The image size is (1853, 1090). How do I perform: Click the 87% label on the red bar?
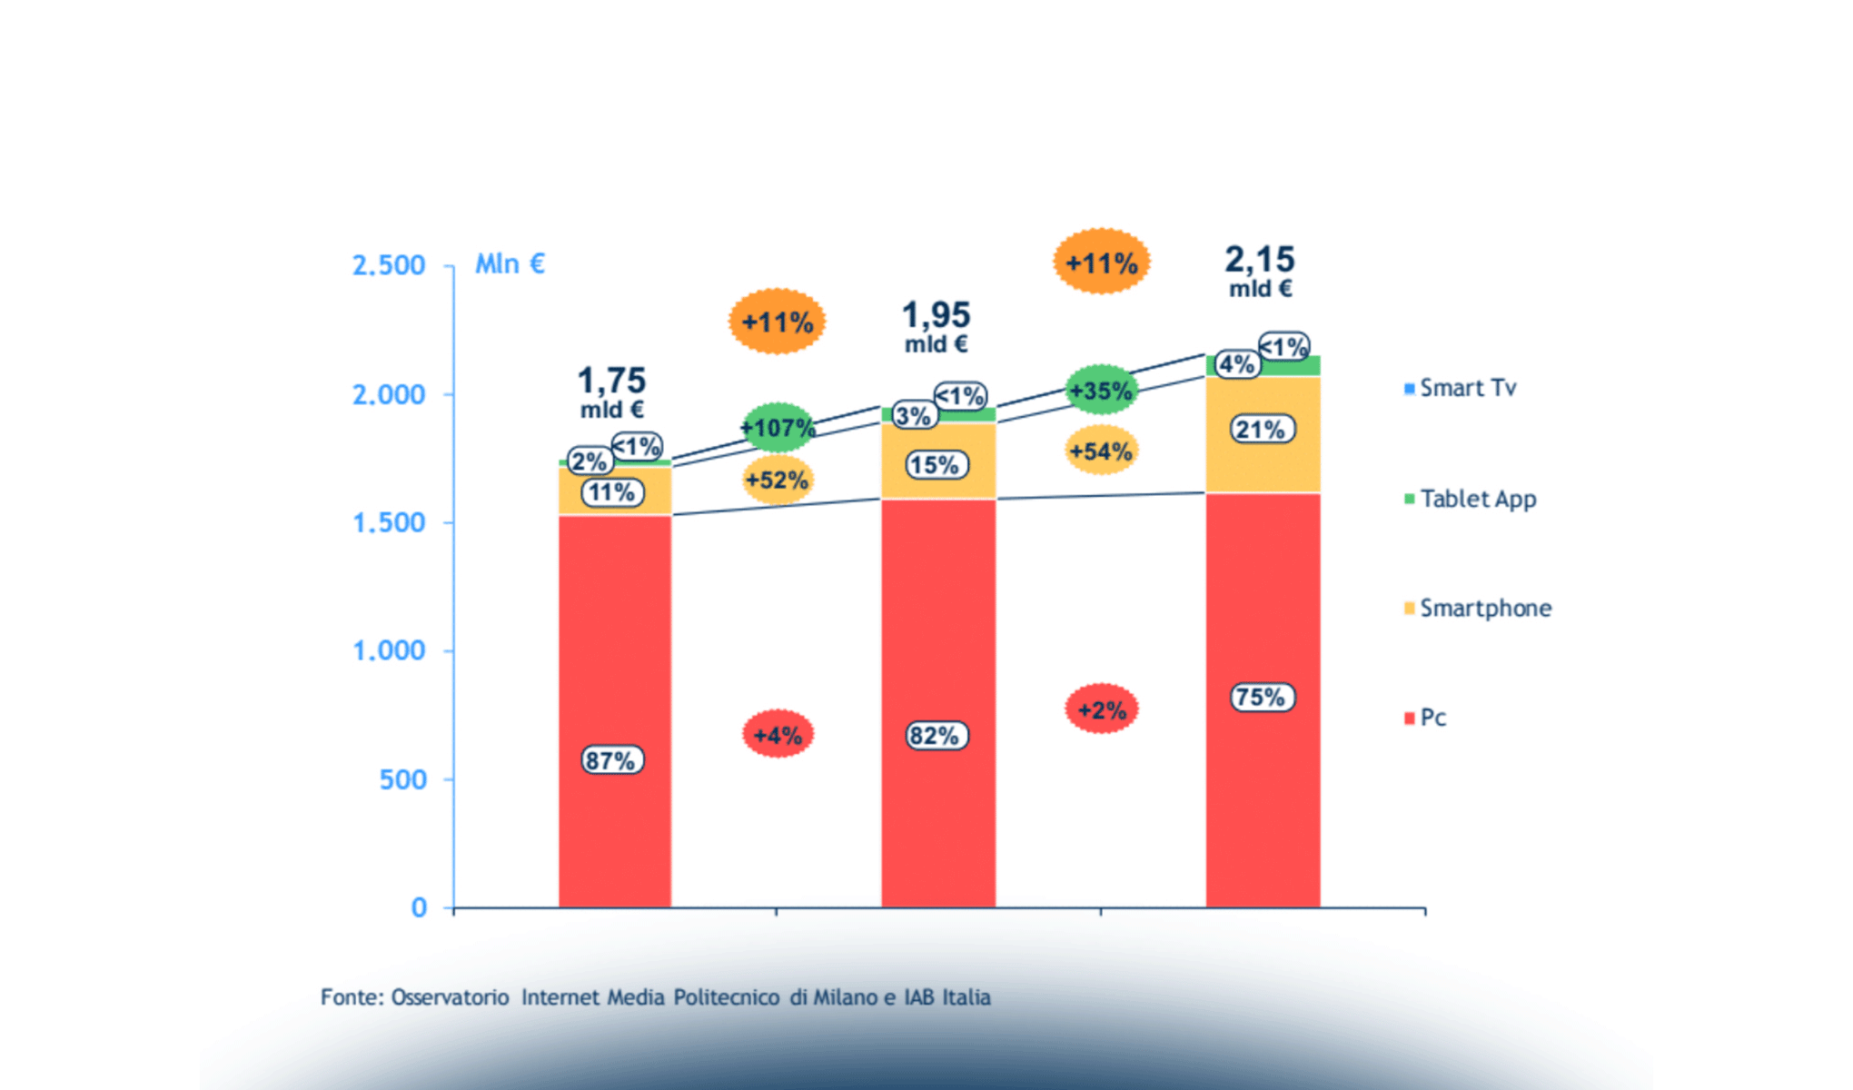click(612, 760)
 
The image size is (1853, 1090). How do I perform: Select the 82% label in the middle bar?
click(936, 736)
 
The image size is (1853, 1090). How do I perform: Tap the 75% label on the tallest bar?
click(1262, 698)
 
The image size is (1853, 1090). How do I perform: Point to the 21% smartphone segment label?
click(1262, 430)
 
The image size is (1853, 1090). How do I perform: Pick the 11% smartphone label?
click(612, 493)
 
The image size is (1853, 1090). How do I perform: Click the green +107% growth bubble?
click(778, 427)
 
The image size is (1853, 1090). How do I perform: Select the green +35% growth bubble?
click(1101, 391)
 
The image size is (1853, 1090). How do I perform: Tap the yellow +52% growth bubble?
click(778, 480)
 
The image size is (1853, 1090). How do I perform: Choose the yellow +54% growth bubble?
click(1101, 451)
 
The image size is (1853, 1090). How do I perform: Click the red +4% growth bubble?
click(778, 735)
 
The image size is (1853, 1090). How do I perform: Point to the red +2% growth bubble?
click(1101, 709)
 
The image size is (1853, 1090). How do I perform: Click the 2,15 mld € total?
click(1260, 271)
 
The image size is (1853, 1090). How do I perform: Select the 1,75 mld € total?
click(612, 391)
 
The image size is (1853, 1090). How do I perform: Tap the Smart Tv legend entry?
click(1467, 389)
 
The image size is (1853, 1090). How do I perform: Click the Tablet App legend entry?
click(1477, 499)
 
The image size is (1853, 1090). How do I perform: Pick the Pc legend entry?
click(1432, 718)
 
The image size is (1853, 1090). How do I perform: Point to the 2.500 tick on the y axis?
click(389, 265)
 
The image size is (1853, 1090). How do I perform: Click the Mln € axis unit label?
click(510, 263)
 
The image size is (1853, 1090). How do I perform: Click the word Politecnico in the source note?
click(726, 997)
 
